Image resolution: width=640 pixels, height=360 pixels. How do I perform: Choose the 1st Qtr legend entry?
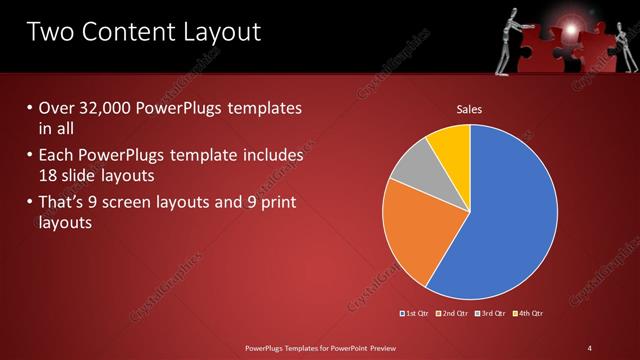[x=415, y=314]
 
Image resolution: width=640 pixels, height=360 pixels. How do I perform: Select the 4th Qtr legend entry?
[x=530, y=314]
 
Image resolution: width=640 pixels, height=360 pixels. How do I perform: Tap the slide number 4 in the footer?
[x=589, y=347]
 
